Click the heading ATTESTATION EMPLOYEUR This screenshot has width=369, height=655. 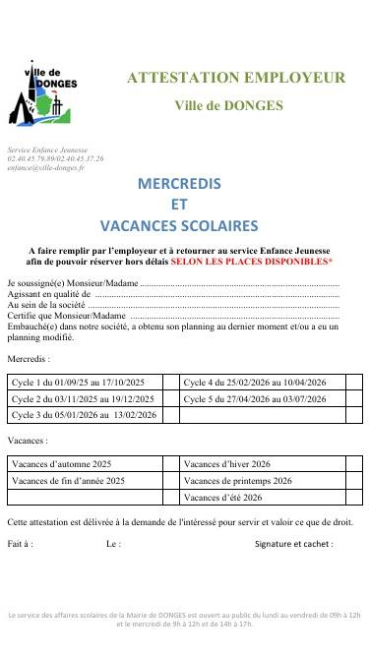tap(236, 77)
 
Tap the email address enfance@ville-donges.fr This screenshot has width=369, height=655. tap(45, 168)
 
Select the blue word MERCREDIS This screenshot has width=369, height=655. tap(179, 184)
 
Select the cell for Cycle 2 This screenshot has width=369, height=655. tap(84, 399)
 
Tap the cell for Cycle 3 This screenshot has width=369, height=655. tap(84, 415)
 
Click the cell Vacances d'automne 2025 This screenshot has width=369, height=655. tap(61, 463)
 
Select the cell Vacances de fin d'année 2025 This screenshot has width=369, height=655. tap(68, 481)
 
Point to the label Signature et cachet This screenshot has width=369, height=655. tap(293, 543)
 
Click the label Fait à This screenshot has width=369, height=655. tap(20, 543)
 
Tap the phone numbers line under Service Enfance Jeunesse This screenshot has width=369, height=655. tap(55, 158)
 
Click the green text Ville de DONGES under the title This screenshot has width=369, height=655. tap(228, 105)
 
